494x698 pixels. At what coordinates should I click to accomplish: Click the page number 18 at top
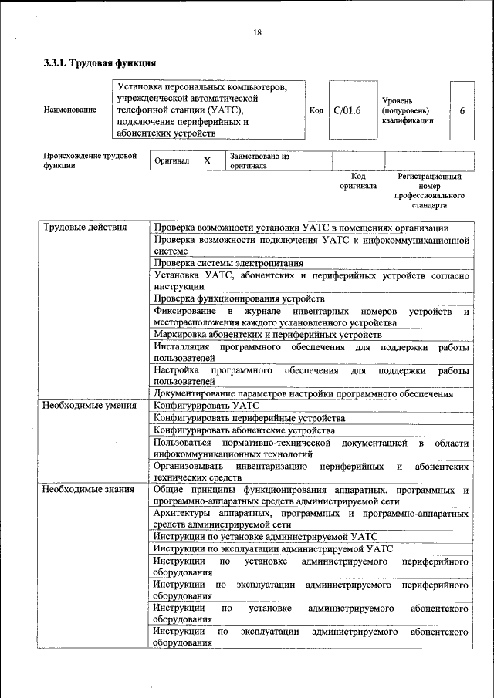click(x=257, y=32)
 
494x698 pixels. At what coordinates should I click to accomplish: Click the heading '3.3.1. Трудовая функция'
click(x=100, y=63)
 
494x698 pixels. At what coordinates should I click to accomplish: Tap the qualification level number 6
click(x=462, y=110)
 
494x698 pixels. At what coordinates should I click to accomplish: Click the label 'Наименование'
click(x=70, y=110)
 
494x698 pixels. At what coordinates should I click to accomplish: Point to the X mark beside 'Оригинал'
click(x=206, y=161)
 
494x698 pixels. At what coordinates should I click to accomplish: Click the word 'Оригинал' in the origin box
click(x=171, y=161)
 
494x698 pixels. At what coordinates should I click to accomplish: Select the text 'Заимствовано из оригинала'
click(x=259, y=160)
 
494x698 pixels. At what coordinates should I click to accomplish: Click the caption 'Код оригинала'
click(x=358, y=181)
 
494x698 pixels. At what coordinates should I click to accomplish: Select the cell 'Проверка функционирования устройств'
click(x=239, y=298)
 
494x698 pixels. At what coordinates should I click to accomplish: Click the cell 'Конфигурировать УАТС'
click(x=206, y=405)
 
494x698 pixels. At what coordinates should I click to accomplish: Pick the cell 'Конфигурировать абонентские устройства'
click(x=244, y=430)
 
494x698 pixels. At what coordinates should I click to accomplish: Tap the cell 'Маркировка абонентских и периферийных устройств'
click(x=267, y=335)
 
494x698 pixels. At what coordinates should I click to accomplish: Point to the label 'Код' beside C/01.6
click(x=316, y=110)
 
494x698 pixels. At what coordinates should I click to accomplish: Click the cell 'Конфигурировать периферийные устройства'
click(x=249, y=417)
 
